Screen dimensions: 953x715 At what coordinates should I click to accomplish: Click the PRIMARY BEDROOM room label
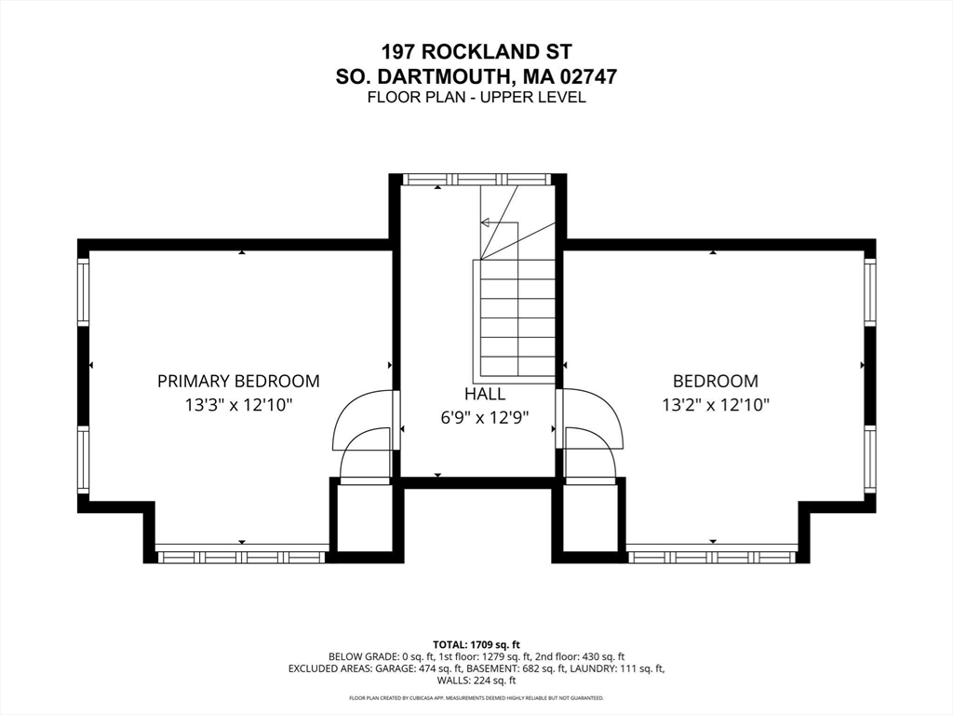click(x=238, y=381)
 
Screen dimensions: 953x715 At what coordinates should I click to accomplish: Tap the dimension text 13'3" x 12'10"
click(x=239, y=405)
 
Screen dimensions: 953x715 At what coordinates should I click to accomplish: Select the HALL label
click(x=484, y=394)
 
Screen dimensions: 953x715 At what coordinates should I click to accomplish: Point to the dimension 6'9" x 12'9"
click(x=484, y=418)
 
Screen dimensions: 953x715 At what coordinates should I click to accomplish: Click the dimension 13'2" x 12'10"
click(x=716, y=405)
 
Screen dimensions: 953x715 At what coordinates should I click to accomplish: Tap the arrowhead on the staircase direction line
click(x=484, y=223)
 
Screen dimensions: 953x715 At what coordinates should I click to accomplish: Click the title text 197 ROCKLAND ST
click(x=476, y=51)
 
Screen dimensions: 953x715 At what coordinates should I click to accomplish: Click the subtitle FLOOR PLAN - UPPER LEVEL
click(x=476, y=97)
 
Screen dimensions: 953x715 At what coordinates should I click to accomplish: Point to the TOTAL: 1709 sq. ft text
click(x=476, y=644)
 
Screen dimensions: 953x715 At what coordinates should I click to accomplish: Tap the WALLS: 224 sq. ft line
click(x=476, y=681)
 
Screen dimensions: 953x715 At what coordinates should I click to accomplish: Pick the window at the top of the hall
click(x=476, y=179)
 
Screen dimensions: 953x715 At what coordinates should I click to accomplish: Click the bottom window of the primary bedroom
click(x=242, y=557)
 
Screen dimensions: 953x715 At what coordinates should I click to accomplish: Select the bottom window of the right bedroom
click(x=711, y=557)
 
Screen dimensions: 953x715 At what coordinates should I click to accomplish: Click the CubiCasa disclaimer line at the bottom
click(x=476, y=698)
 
